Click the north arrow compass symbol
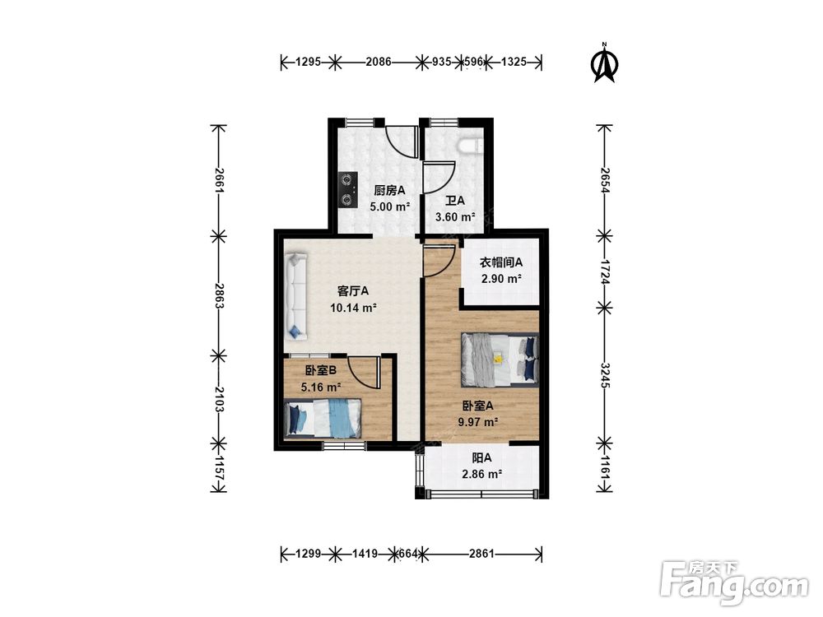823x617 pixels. click(x=605, y=63)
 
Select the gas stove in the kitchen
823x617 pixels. click(x=347, y=190)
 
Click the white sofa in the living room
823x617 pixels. click(x=296, y=296)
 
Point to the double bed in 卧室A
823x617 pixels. click(x=500, y=360)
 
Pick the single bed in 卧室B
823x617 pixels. click(x=323, y=419)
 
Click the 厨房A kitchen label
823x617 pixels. click(x=389, y=190)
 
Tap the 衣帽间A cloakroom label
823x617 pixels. click(x=501, y=262)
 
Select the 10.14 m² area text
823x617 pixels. click(x=353, y=308)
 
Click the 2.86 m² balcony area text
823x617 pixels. click(x=481, y=475)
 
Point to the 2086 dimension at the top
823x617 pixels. click(x=379, y=62)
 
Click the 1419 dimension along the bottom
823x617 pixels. click(x=365, y=554)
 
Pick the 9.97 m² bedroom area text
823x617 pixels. click(x=477, y=421)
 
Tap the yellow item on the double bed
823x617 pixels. click(x=498, y=359)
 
